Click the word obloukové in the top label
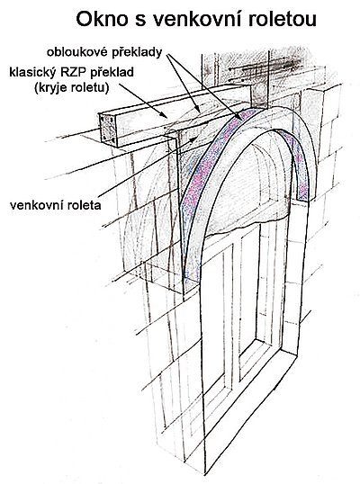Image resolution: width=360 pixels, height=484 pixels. point(76,52)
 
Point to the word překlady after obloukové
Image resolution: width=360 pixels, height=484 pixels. point(137,53)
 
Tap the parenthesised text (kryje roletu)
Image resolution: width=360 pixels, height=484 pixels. point(72,88)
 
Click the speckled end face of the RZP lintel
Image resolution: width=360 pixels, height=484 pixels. point(108,129)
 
